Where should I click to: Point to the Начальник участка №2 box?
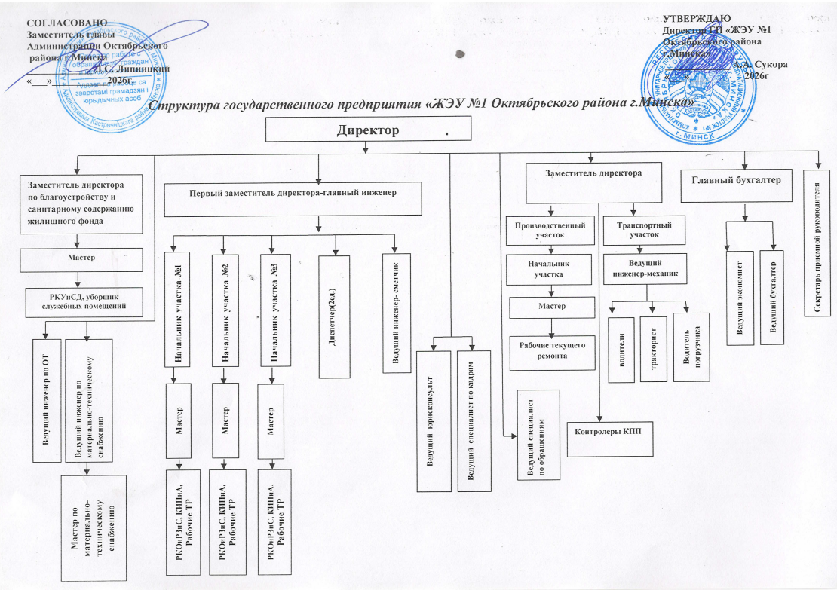[225, 310]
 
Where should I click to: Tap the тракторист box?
[652, 349]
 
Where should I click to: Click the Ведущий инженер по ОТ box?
[47, 397]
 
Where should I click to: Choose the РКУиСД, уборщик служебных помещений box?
[85, 300]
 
